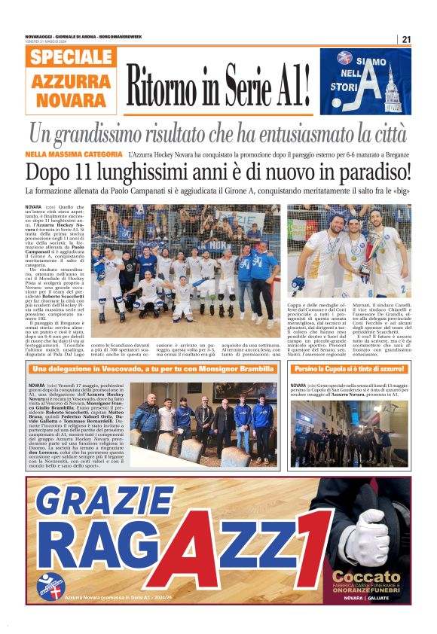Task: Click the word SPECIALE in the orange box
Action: [x=72, y=57]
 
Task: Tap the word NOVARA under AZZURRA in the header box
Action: [x=72, y=99]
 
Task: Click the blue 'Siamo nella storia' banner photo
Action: [x=365, y=81]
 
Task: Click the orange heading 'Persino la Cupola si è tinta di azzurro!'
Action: [x=350, y=369]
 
